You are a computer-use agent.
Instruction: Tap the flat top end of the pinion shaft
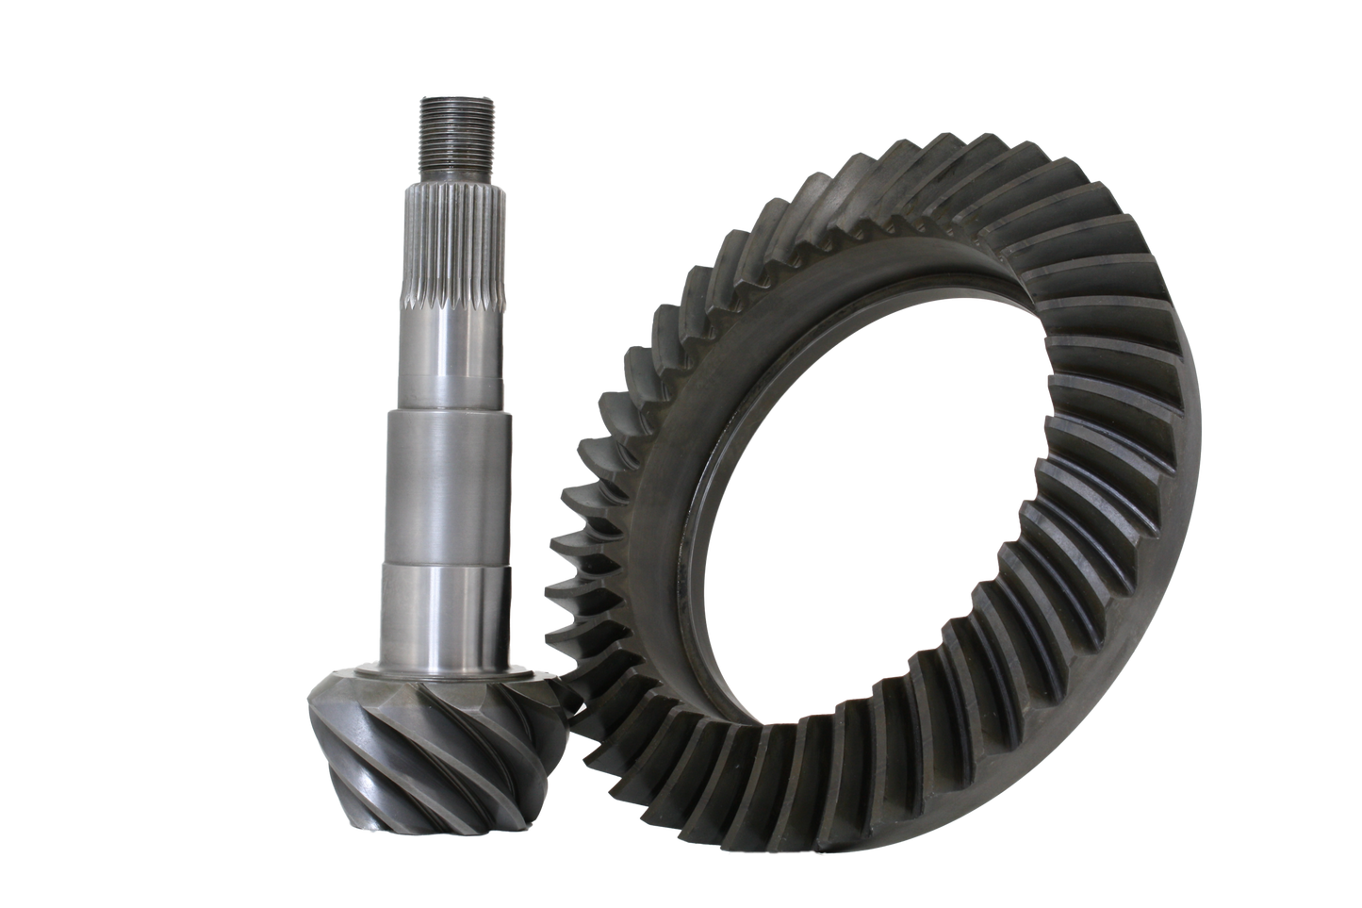tap(454, 94)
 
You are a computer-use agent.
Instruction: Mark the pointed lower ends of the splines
tap(454, 300)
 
